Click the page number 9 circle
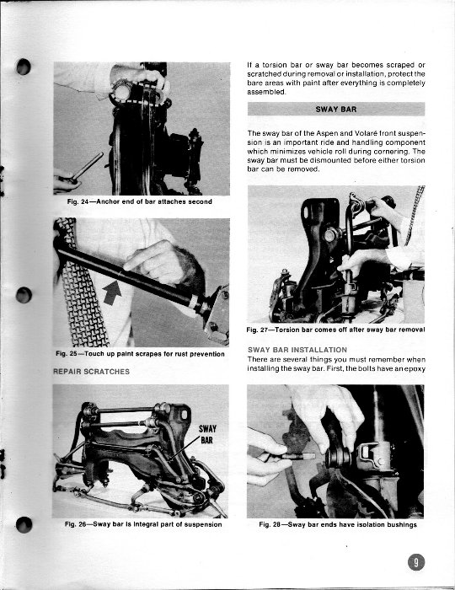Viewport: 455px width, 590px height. [416, 562]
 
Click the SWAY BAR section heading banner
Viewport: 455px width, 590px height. [336, 109]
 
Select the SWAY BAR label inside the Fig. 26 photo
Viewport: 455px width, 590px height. [207, 434]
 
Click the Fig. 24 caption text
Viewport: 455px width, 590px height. [140, 201]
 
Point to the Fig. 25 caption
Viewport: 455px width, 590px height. [140, 354]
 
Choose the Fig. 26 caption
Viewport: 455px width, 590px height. [143, 524]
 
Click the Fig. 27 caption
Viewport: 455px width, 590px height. [336, 330]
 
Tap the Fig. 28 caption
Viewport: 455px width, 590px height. [338, 524]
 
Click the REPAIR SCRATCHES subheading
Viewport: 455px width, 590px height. [91, 372]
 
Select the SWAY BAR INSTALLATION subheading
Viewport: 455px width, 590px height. [297, 350]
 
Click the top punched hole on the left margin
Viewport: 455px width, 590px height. [24, 67]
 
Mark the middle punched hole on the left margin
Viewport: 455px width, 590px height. [24, 295]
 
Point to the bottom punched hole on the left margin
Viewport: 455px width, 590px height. [24, 524]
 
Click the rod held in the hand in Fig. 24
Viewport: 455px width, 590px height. [88, 165]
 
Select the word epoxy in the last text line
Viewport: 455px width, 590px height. [415, 369]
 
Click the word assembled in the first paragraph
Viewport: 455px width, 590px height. [266, 92]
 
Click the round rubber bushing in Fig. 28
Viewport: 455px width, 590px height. [339, 457]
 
